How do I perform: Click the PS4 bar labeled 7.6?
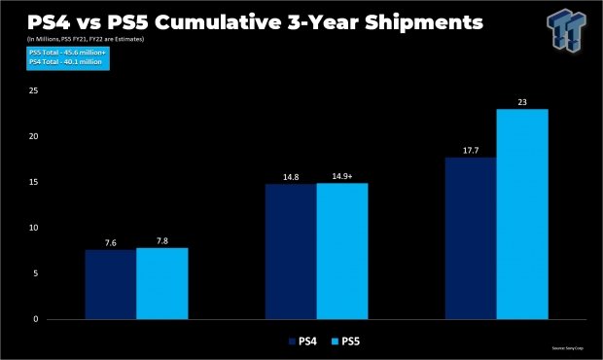click(110, 284)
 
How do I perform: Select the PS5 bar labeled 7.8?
click(161, 283)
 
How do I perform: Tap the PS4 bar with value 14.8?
click(290, 251)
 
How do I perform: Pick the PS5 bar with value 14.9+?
click(341, 251)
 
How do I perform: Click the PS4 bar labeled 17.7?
click(471, 238)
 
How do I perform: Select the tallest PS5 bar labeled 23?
click(522, 214)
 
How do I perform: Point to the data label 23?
click(522, 102)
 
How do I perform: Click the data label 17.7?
click(471, 151)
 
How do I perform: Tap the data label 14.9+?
click(341, 176)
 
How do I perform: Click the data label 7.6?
click(110, 242)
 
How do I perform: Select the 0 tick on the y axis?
click(35, 319)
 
